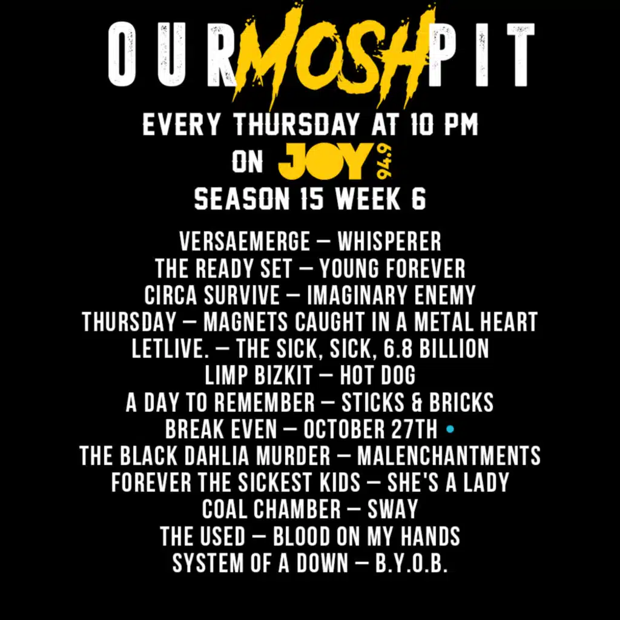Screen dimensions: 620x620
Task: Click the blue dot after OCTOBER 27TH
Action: coord(450,429)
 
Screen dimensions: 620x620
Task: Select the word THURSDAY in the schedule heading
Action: coord(297,125)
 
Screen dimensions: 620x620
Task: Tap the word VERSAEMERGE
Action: coord(245,241)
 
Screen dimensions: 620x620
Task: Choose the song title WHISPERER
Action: coord(389,241)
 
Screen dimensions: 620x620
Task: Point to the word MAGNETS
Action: coord(245,322)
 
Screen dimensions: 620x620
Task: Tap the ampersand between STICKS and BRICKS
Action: coord(417,402)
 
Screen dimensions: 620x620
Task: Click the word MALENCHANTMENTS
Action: coord(449,455)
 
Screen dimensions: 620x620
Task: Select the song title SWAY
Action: coord(392,509)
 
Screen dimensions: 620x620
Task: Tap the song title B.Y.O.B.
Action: coord(411,563)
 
